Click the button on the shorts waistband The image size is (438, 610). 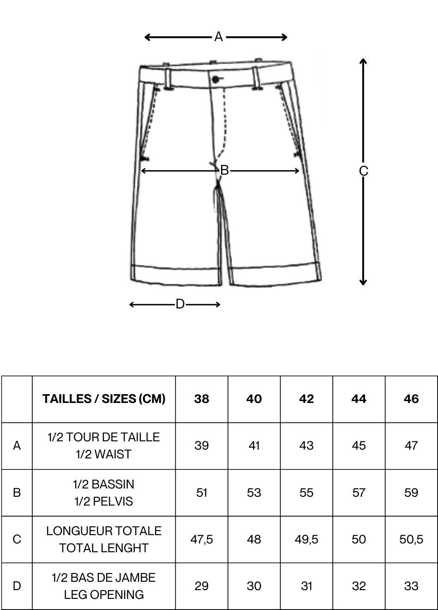pyautogui.click(x=216, y=80)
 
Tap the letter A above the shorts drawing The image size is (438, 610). pyautogui.click(x=218, y=37)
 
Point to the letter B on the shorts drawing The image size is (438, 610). pyautogui.click(x=224, y=171)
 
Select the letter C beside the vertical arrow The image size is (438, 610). pyautogui.click(x=363, y=171)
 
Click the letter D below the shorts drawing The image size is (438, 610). pyautogui.click(x=180, y=304)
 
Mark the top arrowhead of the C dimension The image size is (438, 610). pyautogui.click(x=363, y=61)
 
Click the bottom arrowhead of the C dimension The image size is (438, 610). pyautogui.click(x=363, y=282)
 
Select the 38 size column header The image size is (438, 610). pyautogui.click(x=202, y=399)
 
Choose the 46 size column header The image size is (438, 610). pyautogui.click(x=411, y=399)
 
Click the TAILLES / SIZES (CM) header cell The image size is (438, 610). pyautogui.click(x=104, y=399)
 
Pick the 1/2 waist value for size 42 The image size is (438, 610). pyautogui.click(x=306, y=446)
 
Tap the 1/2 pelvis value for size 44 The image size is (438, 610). pyautogui.click(x=359, y=493)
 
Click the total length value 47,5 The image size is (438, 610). pyautogui.click(x=202, y=539)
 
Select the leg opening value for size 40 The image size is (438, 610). pyautogui.click(x=254, y=586)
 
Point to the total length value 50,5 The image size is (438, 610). pyautogui.click(x=411, y=539)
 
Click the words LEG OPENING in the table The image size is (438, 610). pyautogui.click(x=104, y=594)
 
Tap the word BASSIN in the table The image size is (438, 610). pyautogui.click(x=113, y=484)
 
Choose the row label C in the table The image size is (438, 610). pyautogui.click(x=17, y=539)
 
